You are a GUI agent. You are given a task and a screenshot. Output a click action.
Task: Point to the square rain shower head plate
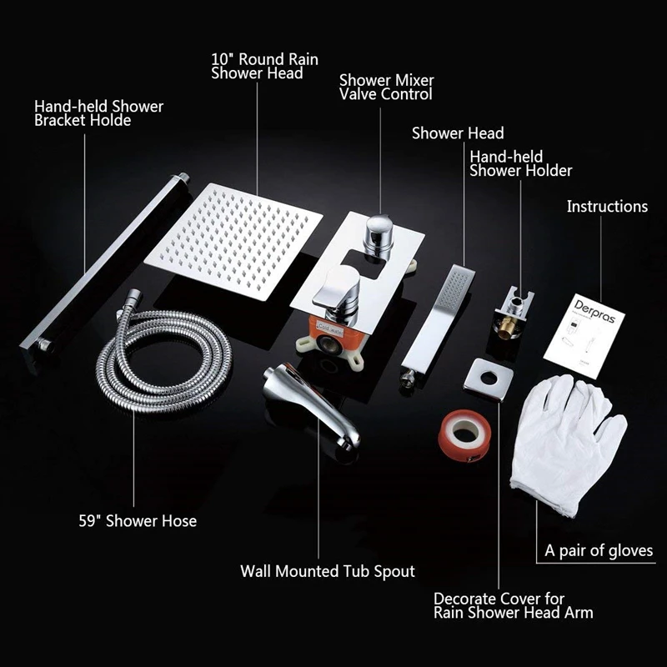click(x=233, y=241)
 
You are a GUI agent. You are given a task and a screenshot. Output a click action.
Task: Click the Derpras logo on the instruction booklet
click(x=594, y=311)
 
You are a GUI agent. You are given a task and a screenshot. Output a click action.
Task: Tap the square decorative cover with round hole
click(x=488, y=379)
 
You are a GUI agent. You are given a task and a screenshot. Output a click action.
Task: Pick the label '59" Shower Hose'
click(x=138, y=520)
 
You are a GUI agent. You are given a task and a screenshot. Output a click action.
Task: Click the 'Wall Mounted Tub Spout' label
click(x=328, y=571)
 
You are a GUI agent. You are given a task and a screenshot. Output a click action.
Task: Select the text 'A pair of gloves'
click(x=599, y=550)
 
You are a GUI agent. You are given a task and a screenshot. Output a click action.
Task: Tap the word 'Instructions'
click(x=607, y=206)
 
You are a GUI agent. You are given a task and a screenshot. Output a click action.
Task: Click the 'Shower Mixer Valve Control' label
click(x=386, y=88)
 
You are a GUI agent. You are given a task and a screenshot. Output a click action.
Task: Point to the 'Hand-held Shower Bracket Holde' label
click(x=98, y=113)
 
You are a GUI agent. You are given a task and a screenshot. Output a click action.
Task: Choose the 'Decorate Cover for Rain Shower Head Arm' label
click(x=514, y=606)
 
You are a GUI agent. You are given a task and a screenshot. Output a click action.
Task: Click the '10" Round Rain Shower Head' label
click(x=264, y=66)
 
